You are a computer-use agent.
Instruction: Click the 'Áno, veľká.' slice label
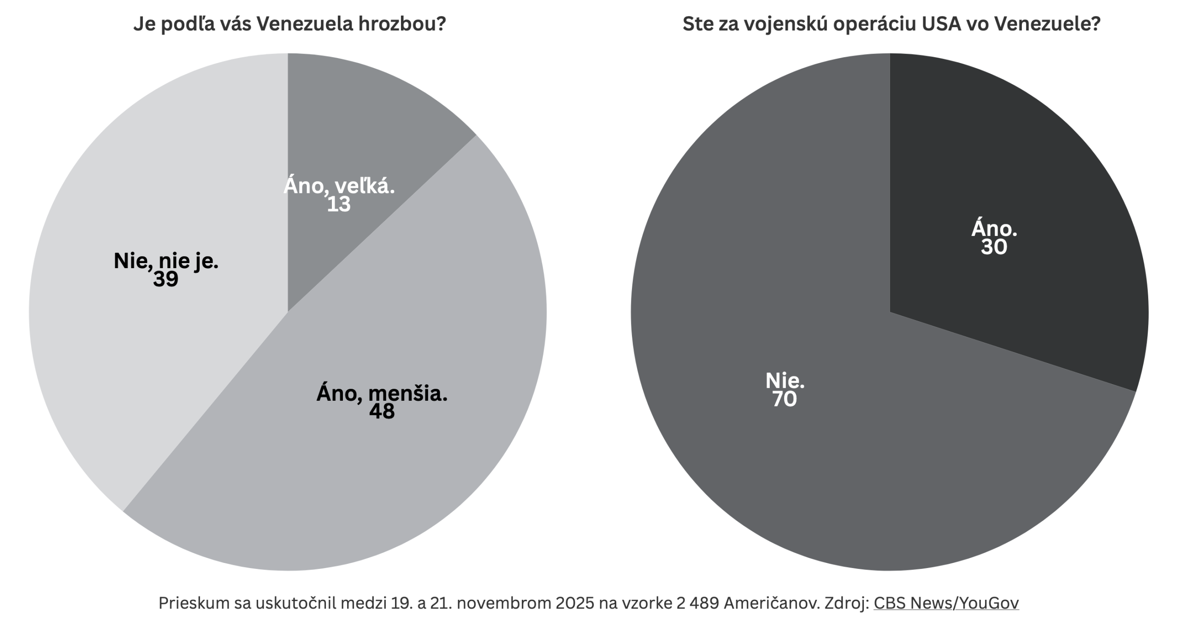click(x=339, y=186)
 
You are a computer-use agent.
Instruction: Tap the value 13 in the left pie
click(x=339, y=205)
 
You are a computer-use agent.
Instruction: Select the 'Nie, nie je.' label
click(x=166, y=262)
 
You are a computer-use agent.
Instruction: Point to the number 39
click(x=166, y=279)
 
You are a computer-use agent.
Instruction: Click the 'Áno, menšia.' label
click(x=382, y=394)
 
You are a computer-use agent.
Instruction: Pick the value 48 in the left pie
click(x=382, y=411)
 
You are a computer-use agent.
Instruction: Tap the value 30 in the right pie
click(x=994, y=247)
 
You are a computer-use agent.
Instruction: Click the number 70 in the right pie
click(x=785, y=399)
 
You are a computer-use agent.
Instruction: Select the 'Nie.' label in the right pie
click(x=785, y=381)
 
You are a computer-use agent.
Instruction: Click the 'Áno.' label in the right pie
click(x=994, y=229)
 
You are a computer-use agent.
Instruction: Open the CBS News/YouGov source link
click(x=946, y=603)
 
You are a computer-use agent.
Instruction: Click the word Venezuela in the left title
click(x=304, y=24)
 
